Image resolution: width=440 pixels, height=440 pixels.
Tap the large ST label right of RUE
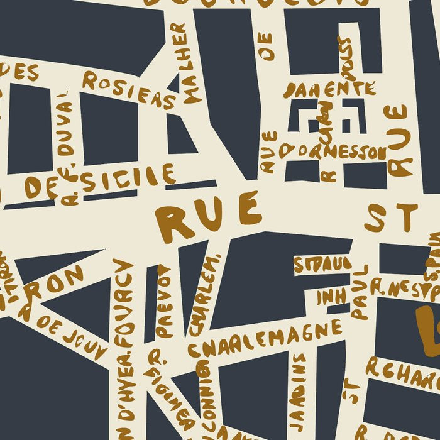pos(390,217)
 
